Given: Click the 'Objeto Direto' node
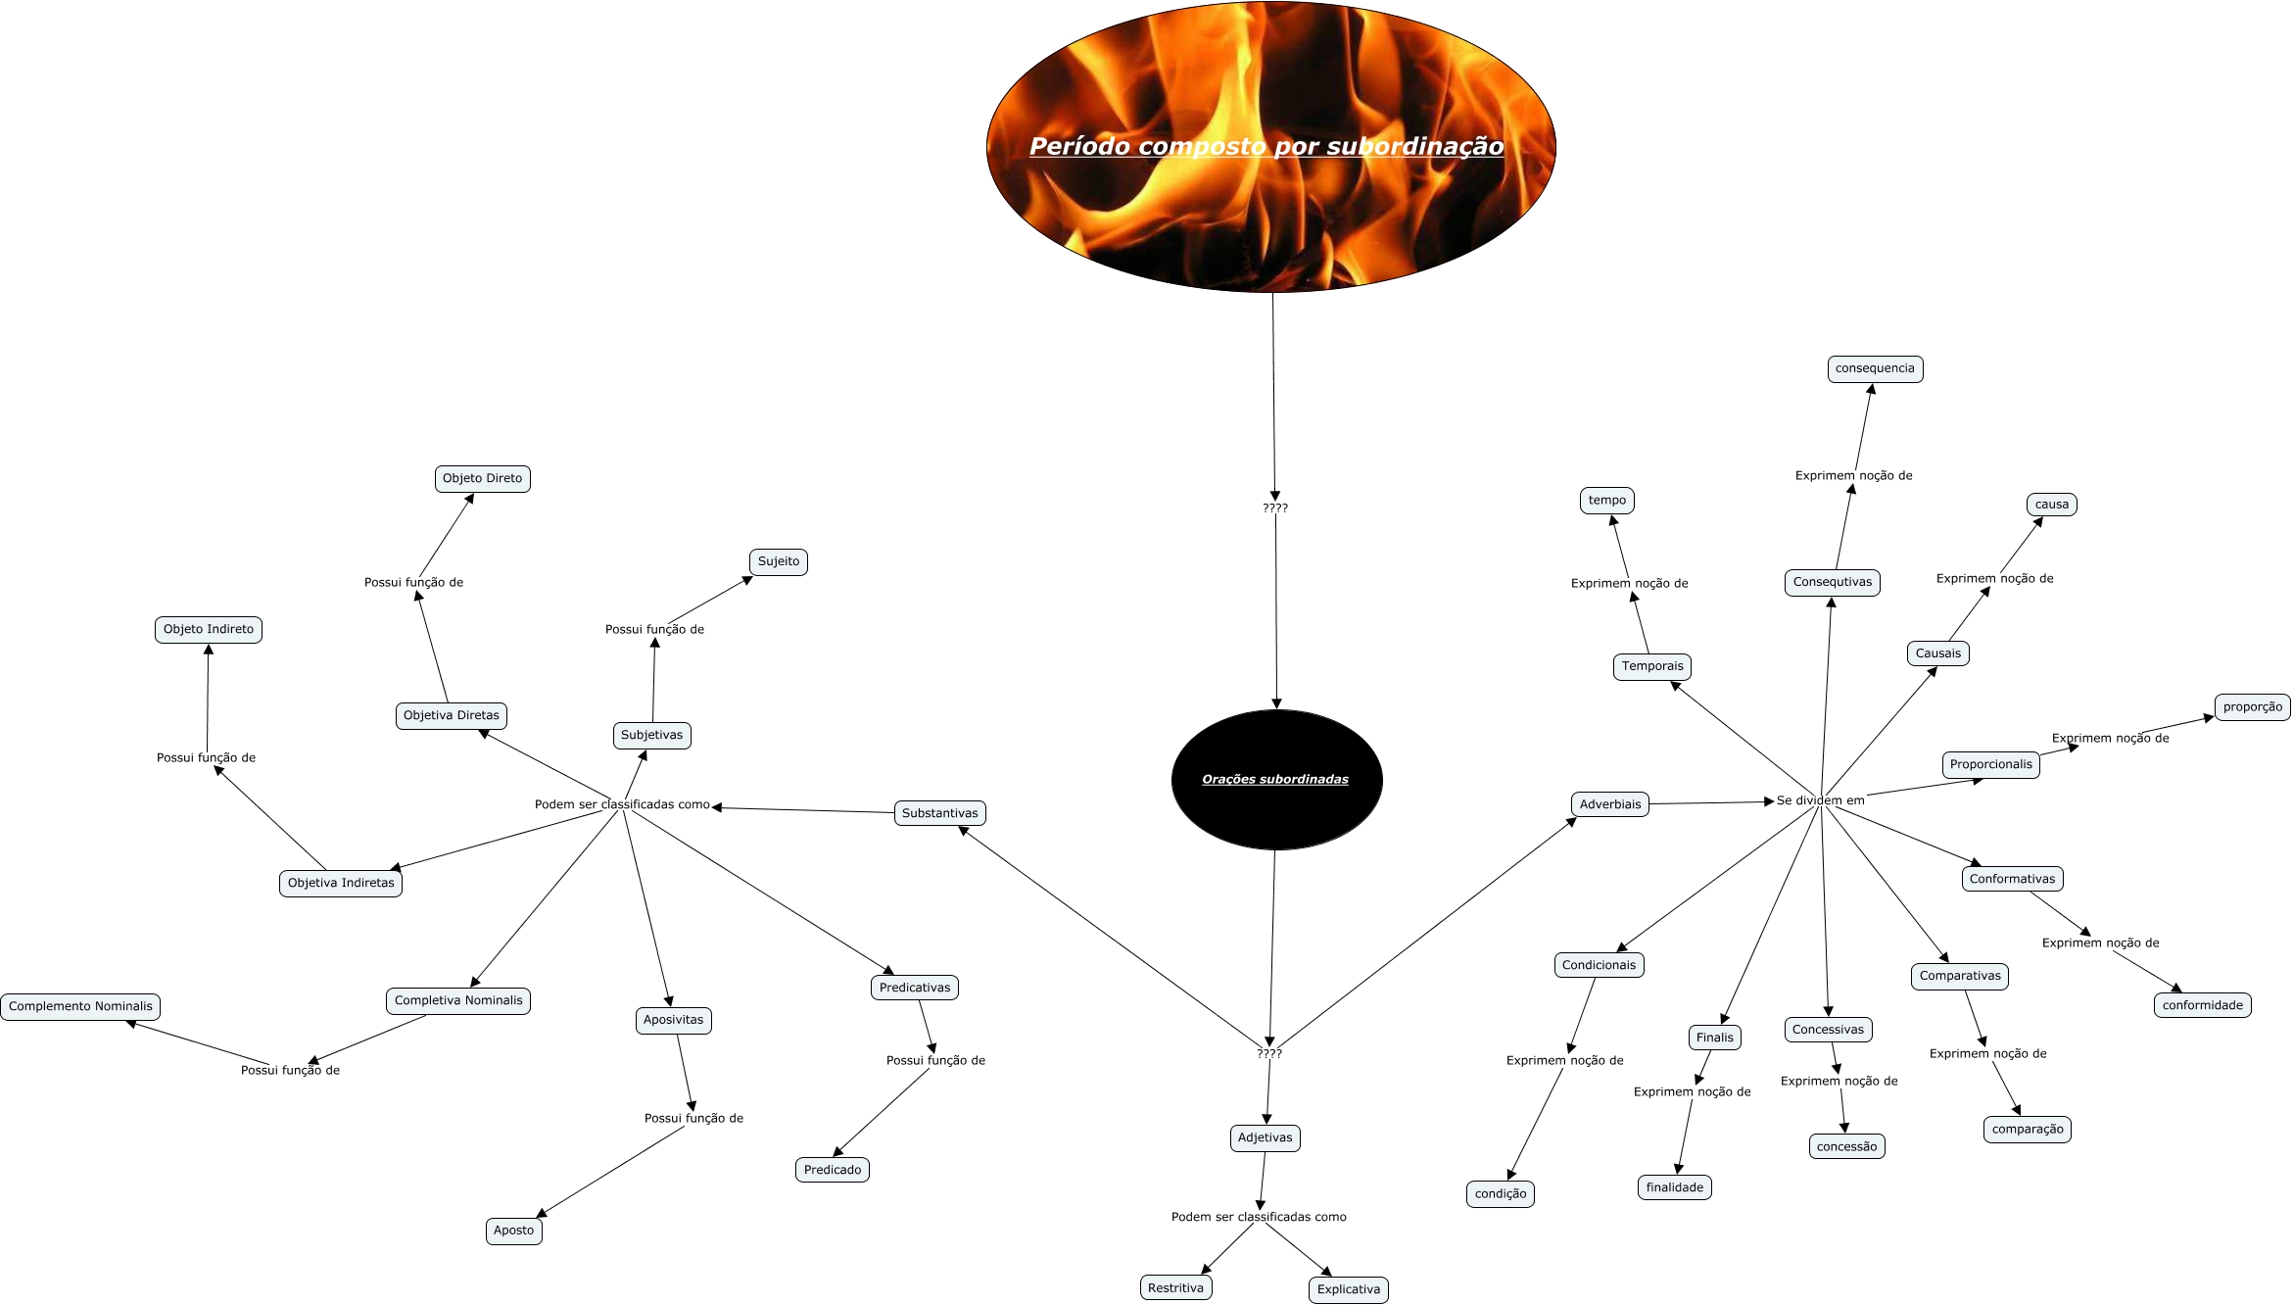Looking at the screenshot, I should coord(482,479).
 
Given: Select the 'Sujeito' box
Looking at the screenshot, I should coord(779,562).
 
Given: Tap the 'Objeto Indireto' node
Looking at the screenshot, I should coord(209,630).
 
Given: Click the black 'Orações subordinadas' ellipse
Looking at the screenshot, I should coord(1276,780).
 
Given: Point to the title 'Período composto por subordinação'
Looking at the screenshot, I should coord(1266,147).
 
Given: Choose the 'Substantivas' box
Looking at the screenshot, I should coord(939,813).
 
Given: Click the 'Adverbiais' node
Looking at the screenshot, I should coord(1610,804).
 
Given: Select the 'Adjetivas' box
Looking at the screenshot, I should coord(1265,1138).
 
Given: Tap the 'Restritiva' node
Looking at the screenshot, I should coord(1175,1288).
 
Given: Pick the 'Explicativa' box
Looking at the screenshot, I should coord(1348,1290).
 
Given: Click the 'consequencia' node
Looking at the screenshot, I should coord(1875,369).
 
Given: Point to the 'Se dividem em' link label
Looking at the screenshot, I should coord(1820,800).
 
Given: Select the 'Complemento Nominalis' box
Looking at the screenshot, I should coord(80,1007).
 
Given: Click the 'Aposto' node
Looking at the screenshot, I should coord(513,1232).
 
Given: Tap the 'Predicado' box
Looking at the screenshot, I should coord(833,1170).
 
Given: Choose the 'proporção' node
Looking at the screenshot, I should coord(2252,707).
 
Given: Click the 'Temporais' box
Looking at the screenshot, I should coord(1652,667).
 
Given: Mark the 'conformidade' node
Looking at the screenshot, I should coord(2202,1005).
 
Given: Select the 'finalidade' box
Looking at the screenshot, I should coord(1674,1188).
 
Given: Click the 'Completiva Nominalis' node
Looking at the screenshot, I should coord(458,1001).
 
